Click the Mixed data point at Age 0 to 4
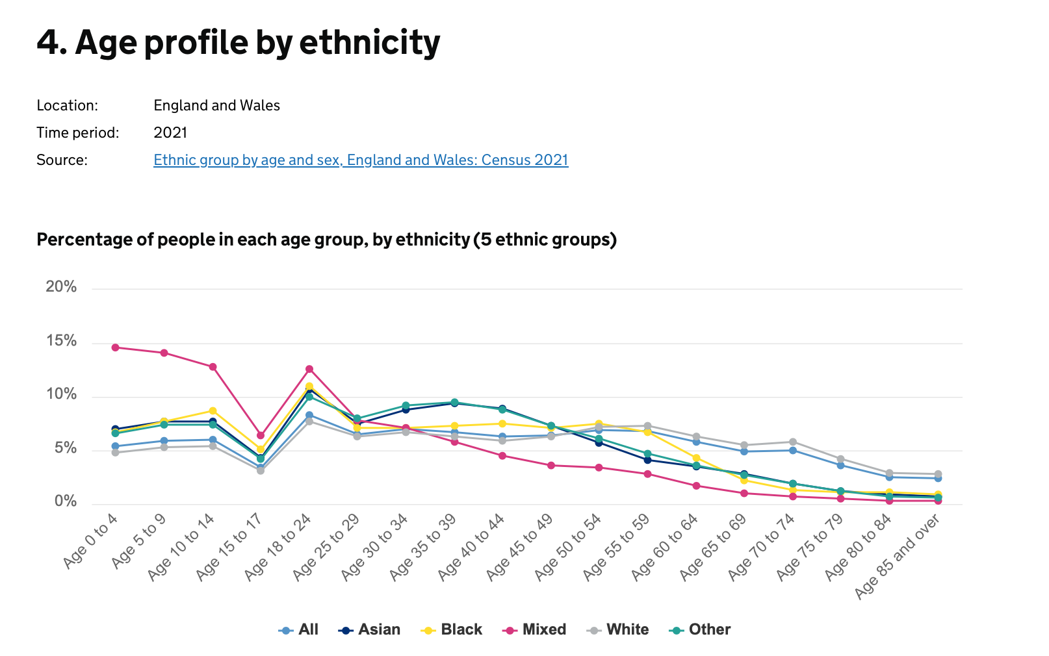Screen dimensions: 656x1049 coord(115,347)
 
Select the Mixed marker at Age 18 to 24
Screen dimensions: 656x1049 coord(309,369)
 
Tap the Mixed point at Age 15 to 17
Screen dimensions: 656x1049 coord(261,435)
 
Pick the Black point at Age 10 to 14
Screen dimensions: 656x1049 coord(213,410)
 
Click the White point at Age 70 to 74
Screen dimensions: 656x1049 coord(792,442)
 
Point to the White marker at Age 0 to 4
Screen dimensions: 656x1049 coord(115,452)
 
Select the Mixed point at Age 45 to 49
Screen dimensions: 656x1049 coord(551,465)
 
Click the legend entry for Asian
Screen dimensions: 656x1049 coord(370,629)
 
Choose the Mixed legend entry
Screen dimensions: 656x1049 coord(535,629)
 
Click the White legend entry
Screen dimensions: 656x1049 coord(618,629)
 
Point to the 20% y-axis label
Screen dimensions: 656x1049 coord(61,287)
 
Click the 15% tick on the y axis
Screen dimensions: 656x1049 coord(61,341)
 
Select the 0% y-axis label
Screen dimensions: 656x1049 coord(66,501)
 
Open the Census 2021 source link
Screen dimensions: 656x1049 coord(361,160)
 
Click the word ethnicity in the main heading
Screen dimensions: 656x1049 coord(369,42)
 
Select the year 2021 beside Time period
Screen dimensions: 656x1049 coord(170,132)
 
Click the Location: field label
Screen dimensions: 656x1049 coord(67,105)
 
